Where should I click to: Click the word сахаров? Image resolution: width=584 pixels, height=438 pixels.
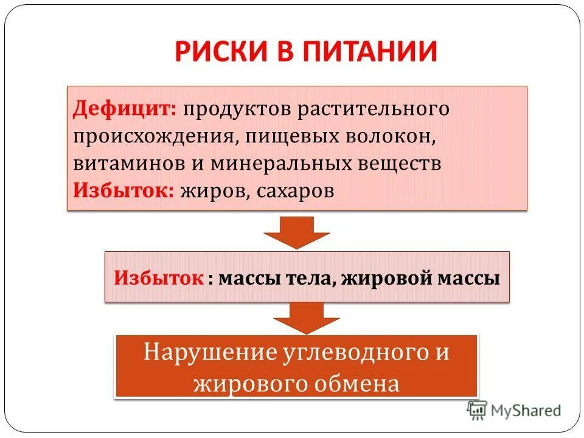294,190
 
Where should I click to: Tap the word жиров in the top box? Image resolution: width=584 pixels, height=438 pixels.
210,190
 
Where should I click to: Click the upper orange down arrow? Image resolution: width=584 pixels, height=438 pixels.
297,232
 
